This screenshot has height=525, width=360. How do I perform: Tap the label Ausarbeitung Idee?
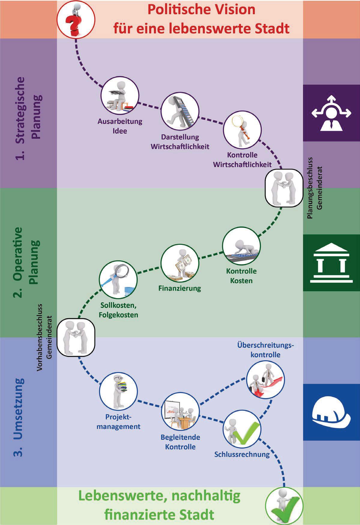click(120, 126)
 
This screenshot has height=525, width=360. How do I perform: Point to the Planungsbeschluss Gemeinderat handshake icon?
click(284, 187)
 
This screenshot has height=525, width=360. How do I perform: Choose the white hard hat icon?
click(331, 412)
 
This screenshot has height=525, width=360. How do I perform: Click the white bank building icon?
click(331, 263)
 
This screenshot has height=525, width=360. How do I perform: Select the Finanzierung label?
click(180, 288)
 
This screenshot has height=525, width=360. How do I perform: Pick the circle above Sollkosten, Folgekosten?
click(118, 280)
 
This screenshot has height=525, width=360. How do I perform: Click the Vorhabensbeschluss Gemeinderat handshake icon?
click(76, 337)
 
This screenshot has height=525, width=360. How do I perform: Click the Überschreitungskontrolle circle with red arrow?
click(265, 380)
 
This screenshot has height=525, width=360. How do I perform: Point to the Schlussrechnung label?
click(242, 454)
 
